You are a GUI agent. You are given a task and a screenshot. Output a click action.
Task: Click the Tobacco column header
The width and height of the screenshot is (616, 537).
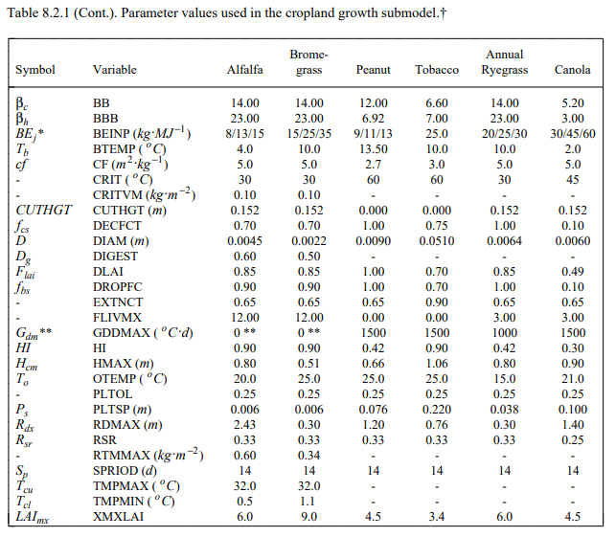[437, 70]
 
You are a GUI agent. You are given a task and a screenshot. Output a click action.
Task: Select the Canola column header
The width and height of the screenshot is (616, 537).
[572, 70]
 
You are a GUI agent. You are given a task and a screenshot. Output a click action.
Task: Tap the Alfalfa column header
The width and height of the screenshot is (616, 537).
[245, 70]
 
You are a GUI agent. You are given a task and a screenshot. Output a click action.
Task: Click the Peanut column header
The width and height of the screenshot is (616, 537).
[373, 70]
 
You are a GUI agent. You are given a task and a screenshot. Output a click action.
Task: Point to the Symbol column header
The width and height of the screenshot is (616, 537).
[35, 70]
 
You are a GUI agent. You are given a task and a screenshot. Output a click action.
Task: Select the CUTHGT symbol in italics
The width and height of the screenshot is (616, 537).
[44, 209]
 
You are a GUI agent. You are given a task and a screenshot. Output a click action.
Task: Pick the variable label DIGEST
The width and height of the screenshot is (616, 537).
[115, 256]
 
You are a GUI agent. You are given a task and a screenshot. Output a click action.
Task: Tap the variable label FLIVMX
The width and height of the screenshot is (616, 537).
[117, 317]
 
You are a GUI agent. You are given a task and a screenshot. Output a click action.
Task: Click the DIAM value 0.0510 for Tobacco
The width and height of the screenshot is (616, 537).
[437, 240]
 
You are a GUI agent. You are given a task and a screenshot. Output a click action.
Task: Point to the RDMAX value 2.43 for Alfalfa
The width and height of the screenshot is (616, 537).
[245, 424]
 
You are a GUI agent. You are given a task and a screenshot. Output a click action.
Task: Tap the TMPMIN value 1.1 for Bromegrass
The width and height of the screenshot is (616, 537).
[309, 502]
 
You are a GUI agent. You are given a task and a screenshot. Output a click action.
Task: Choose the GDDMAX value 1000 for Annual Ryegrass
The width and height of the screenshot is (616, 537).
[505, 332]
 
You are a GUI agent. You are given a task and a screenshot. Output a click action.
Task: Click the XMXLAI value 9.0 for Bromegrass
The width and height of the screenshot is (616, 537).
[309, 517]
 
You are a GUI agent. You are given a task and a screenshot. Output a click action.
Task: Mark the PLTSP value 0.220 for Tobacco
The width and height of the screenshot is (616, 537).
[437, 409]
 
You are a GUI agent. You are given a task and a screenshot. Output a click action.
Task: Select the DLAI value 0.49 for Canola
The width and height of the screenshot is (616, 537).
[572, 271]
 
